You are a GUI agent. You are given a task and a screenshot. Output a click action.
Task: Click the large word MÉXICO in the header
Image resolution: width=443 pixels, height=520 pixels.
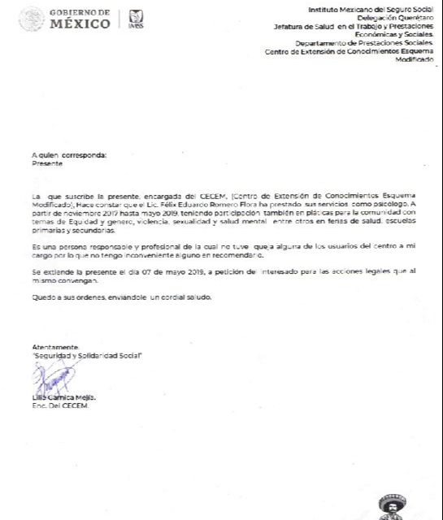tap(80, 24)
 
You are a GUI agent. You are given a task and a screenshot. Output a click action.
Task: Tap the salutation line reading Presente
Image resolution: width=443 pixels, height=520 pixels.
tap(46, 162)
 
